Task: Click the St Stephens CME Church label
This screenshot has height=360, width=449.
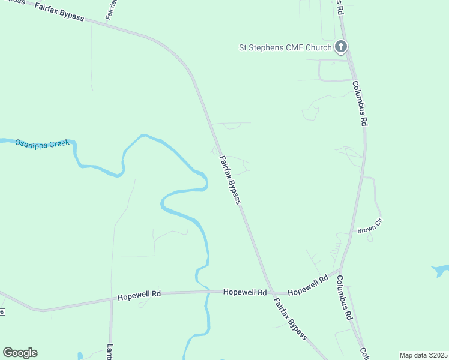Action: (285, 47)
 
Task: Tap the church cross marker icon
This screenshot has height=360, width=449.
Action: (340, 46)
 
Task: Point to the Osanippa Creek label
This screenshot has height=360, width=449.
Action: (43, 143)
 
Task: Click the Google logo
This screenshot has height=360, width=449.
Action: (20, 353)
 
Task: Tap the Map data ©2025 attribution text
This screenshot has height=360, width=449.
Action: (423, 355)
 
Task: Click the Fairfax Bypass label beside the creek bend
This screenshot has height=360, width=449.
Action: (230, 180)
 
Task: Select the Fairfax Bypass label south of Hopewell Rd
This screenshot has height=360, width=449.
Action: (291, 319)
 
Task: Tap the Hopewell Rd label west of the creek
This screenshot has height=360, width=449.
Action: (139, 295)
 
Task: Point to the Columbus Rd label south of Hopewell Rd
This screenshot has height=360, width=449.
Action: (343, 298)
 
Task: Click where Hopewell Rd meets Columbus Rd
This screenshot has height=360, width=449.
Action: (340, 271)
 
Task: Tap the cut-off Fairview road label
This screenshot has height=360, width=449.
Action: (111, 10)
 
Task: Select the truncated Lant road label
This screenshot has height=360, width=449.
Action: (110, 352)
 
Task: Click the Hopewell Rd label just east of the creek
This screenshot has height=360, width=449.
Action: (244, 292)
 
